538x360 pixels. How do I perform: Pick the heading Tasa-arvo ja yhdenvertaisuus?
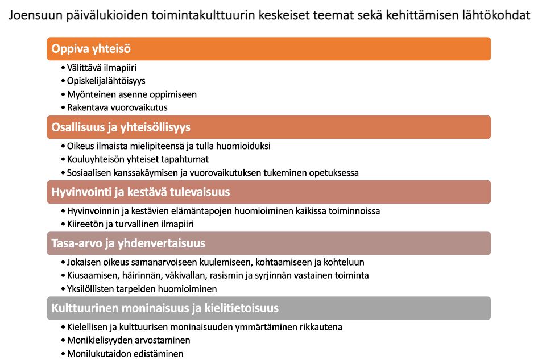point(128,243)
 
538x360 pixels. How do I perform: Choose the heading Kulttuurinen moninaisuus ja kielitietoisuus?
point(165,308)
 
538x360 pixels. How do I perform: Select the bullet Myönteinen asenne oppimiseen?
point(131,94)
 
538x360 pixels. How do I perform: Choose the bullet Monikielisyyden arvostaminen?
point(128,340)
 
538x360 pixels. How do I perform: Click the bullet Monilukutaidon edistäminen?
point(125,353)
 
